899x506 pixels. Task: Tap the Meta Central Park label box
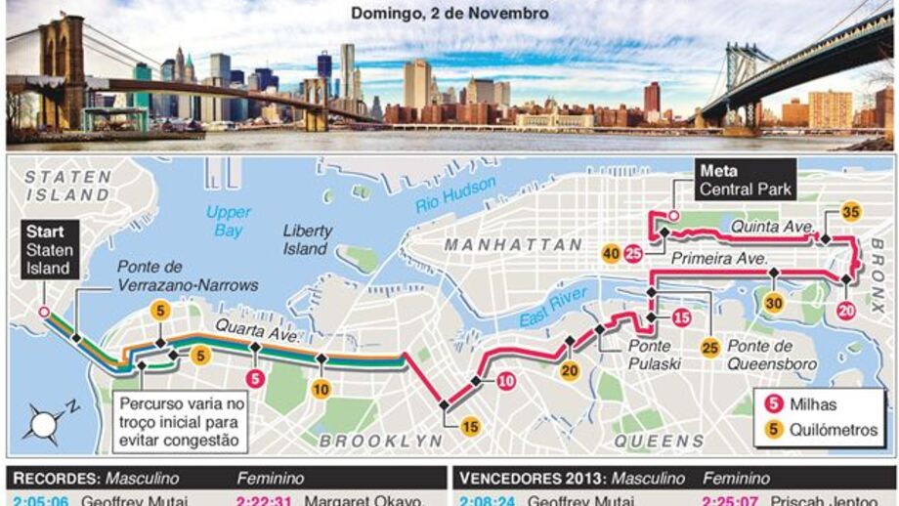tap(745, 180)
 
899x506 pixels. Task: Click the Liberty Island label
tap(308, 239)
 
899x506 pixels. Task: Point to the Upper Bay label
tap(228, 221)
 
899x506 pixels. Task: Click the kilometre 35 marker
tap(850, 213)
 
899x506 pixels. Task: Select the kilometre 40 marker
tap(612, 254)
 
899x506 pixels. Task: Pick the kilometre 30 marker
tap(775, 304)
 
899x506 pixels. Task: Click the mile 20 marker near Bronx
tap(847, 311)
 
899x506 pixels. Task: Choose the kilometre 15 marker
tap(471, 426)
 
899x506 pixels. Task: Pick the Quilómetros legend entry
tap(820, 430)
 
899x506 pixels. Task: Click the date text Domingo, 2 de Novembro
tap(449, 14)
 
